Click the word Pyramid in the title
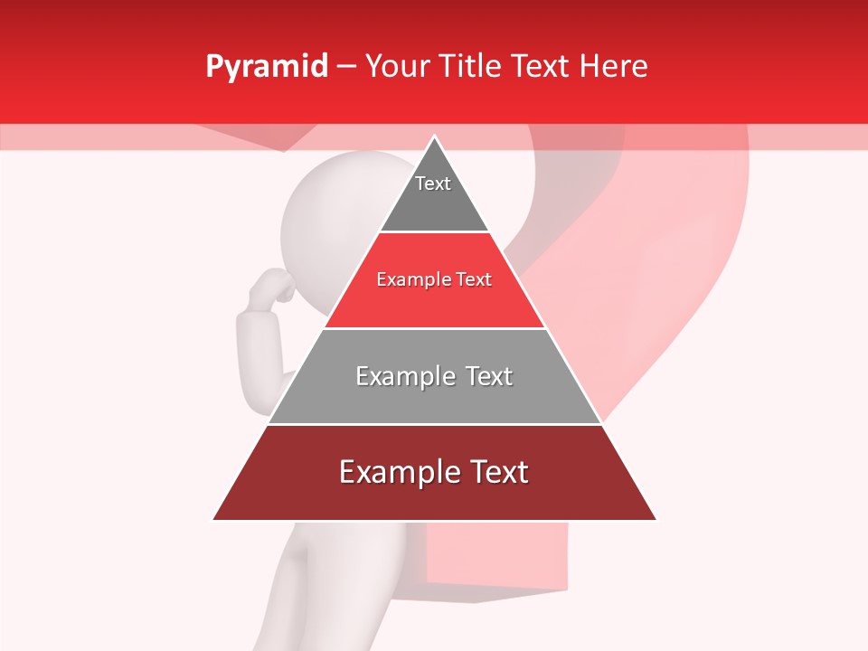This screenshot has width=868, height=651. pyautogui.click(x=266, y=67)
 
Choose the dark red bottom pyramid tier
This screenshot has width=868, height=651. pyautogui.click(x=434, y=497)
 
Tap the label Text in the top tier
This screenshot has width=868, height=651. pyautogui.click(x=433, y=184)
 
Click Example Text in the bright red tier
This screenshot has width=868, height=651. pyautogui.click(x=434, y=279)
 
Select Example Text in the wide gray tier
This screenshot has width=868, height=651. pyautogui.click(x=434, y=376)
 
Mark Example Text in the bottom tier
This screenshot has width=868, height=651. pyautogui.click(x=434, y=472)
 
